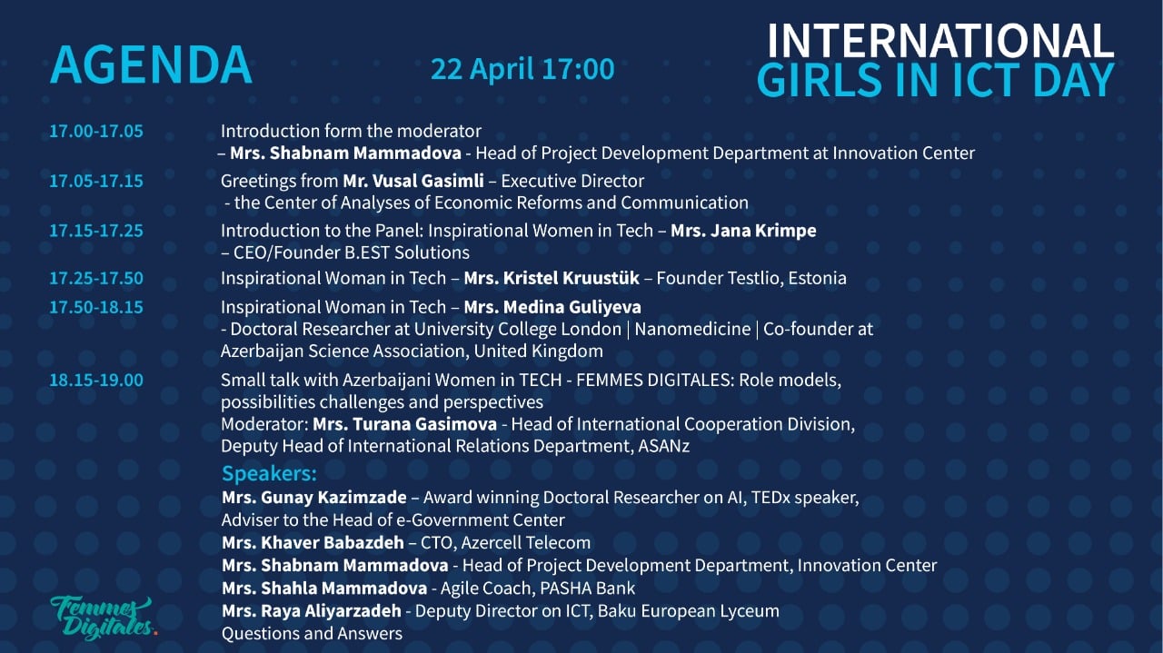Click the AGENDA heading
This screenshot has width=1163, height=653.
[x=151, y=64]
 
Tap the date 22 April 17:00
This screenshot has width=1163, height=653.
[x=522, y=69]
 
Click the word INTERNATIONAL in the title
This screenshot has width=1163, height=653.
[x=940, y=41]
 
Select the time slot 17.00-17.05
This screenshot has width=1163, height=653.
[x=96, y=131]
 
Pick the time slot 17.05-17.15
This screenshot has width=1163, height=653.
[x=96, y=181]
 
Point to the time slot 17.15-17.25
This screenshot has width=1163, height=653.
[x=96, y=231]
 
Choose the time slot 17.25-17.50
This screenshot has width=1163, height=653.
[x=96, y=278]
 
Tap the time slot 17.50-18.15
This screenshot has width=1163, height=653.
[x=96, y=307]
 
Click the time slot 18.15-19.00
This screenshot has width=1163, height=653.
[x=96, y=380]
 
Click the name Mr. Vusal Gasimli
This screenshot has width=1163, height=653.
[x=413, y=181]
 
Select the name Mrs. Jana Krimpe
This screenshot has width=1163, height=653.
[x=743, y=231]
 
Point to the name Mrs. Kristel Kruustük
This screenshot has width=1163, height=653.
[x=552, y=278]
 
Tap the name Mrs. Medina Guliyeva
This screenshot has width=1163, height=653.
[x=552, y=307]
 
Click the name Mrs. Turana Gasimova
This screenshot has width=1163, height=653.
[x=404, y=424]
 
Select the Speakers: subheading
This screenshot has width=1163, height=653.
[x=269, y=473]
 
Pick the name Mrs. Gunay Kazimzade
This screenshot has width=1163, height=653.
[x=314, y=498]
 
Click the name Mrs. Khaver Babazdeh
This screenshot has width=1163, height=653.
[x=313, y=542]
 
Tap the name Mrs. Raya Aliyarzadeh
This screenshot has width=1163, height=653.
[x=312, y=610]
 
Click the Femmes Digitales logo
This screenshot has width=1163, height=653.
[x=103, y=618]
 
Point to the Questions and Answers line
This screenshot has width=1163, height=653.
[x=312, y=633]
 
